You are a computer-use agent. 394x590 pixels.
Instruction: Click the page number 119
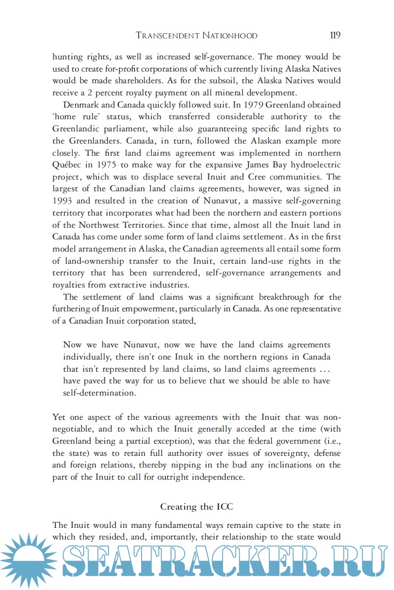point(335,36)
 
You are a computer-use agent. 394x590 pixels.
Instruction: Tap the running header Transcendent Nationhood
point(196,36)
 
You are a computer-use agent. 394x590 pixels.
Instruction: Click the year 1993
point(63,201)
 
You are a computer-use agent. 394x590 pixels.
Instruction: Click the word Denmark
point(81,105)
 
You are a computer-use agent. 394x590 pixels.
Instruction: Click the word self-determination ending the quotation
point(99,393)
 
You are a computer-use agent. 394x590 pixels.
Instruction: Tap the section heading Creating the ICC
point(196,506)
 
